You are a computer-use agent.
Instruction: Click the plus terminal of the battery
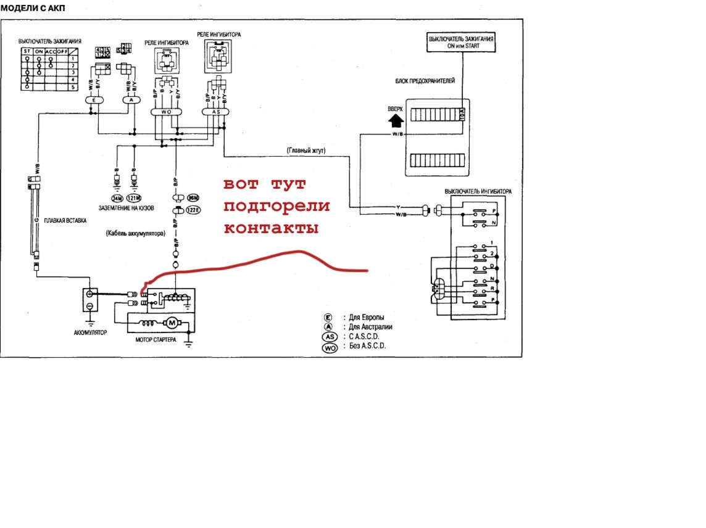(x=90, y=294)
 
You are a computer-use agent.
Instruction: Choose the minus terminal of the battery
(x=90, y=306)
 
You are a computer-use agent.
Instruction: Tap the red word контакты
(x=271, y=228)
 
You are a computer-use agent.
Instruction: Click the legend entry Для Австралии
(x=371, y=327)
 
